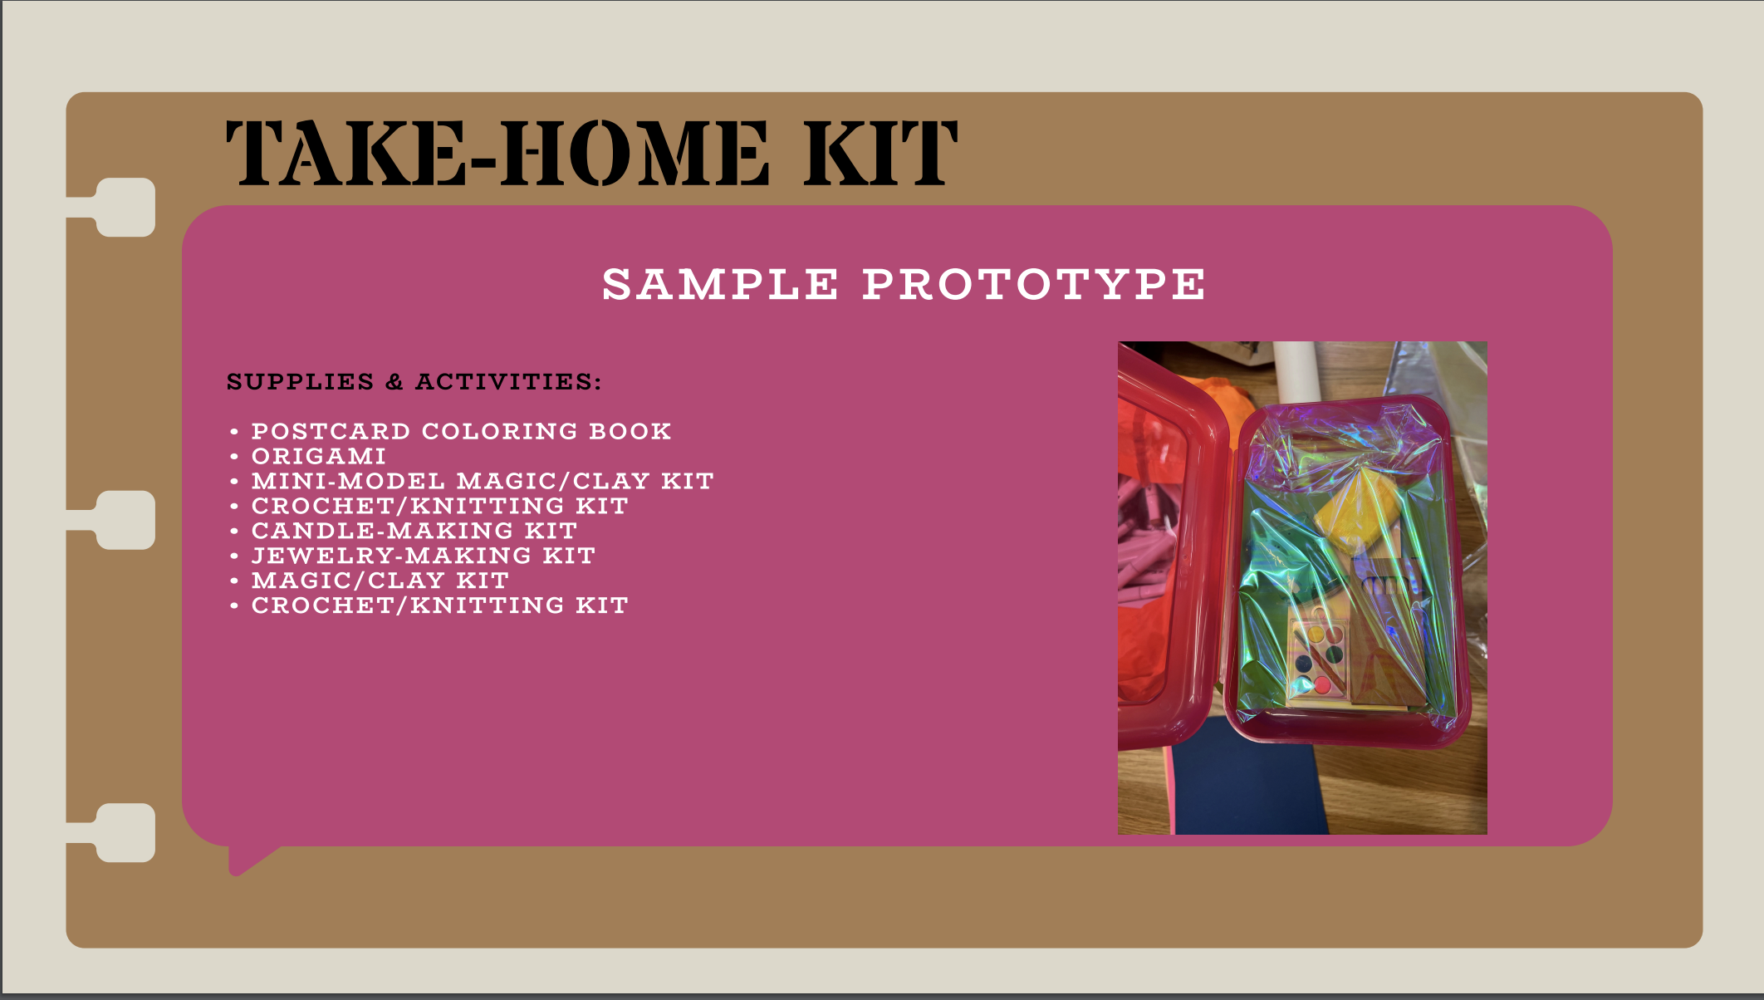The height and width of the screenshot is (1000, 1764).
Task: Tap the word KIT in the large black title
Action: [x=880, y=153]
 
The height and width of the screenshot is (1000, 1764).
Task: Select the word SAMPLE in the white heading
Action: [x=720, y=284]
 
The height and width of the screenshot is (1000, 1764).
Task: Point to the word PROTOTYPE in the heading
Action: [x=1033, y=284]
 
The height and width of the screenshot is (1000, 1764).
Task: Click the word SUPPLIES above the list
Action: [x=300, y=381]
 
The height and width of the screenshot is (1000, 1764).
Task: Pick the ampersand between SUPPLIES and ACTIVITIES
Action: [x=394, y=381]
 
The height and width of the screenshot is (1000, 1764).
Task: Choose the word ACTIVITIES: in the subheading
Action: [x=508, y=381]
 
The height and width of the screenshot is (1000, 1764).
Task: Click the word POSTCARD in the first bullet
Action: [x=331, y=431]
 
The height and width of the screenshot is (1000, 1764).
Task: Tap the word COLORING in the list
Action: [x=499, y=431]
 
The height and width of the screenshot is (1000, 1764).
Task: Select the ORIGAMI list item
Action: [x=319, y=456]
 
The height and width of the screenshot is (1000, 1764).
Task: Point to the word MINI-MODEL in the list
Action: [x=348, y=481]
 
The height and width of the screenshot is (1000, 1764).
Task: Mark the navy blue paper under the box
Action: [x=1246, y=777]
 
